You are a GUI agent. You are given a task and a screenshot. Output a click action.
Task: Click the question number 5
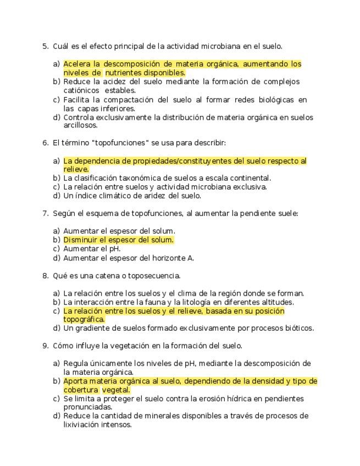(45, 46)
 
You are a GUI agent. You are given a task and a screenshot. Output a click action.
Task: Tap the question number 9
(45, 346)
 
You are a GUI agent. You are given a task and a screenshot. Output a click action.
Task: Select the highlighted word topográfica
(84, 319)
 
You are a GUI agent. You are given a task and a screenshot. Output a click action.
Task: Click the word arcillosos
(80, 125)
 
